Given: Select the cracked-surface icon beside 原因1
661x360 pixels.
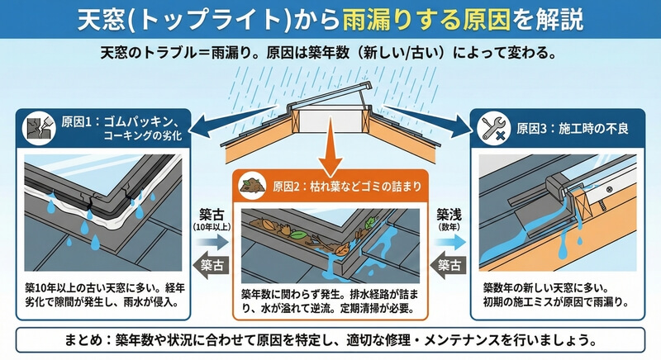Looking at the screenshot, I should pos(36,127).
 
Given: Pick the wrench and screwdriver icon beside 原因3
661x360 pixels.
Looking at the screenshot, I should pos(496,128).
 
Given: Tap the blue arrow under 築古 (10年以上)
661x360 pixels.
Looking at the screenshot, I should pos(213,242).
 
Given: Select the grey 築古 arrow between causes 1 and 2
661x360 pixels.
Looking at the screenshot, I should pos(213,265).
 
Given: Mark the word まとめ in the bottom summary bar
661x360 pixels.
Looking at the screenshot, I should pos(91,339).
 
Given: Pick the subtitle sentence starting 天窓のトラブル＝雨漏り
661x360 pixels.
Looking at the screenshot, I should pos(330,52).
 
